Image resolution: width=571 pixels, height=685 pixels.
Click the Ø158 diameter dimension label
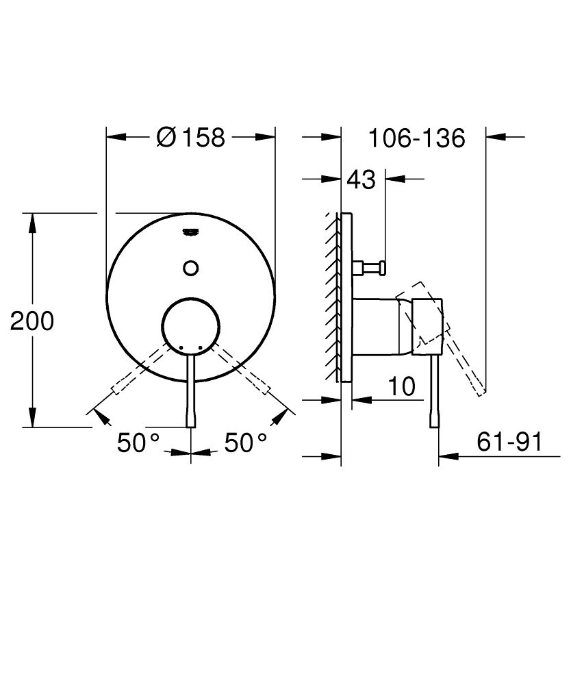[x=190, y=137]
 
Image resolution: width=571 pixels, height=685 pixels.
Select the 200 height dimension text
[x=32, y=321]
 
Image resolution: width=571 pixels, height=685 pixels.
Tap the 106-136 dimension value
[x=416, y=138]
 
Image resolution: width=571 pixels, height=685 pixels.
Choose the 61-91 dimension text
[x=509, y=443]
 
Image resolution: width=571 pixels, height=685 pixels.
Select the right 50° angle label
[x=246, y=443]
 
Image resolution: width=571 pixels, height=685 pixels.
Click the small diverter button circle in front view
[x=191, y=267]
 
